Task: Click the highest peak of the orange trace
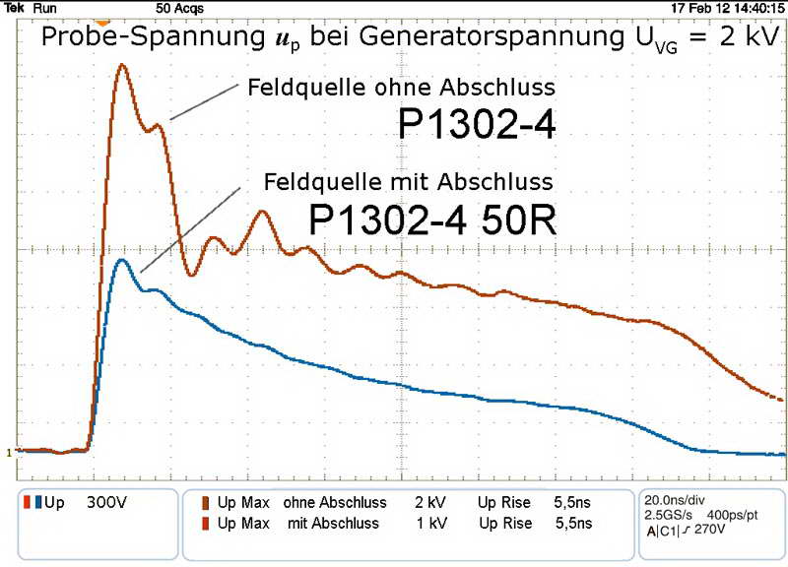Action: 122,66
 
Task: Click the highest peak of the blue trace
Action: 121,260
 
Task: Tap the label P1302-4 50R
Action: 433,220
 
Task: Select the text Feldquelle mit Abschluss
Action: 408,182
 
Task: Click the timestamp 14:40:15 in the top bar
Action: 755,7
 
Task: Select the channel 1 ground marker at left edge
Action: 9,453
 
